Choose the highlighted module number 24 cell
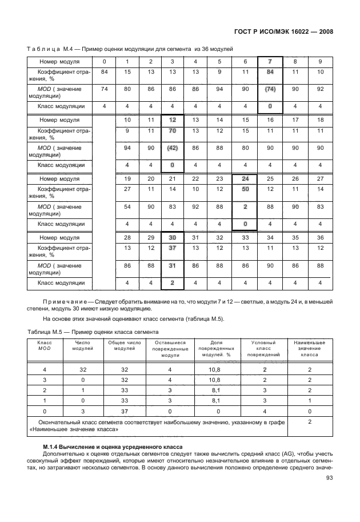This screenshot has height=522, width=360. click(245, 179)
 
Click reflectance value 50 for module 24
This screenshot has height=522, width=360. click(245, 189)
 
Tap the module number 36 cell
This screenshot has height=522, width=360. click(320, 237)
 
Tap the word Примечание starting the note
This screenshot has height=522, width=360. click(61, 300)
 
